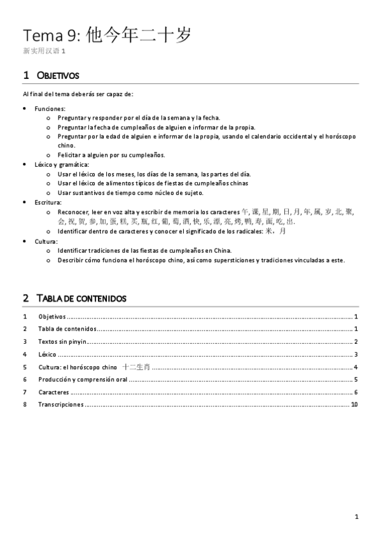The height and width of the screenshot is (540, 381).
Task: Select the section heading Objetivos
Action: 57,76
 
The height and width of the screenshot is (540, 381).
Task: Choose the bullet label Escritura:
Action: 48,201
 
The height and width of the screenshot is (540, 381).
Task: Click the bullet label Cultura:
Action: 46,241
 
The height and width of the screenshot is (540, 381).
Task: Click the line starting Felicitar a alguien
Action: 111,155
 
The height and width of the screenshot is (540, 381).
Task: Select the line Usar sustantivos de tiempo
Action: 130,192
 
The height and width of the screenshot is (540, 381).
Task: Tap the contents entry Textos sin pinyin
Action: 62,342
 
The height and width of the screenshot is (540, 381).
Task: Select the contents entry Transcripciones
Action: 60,404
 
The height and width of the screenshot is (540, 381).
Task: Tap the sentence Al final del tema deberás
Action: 77,94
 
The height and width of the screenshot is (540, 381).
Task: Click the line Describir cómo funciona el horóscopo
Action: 201,260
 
